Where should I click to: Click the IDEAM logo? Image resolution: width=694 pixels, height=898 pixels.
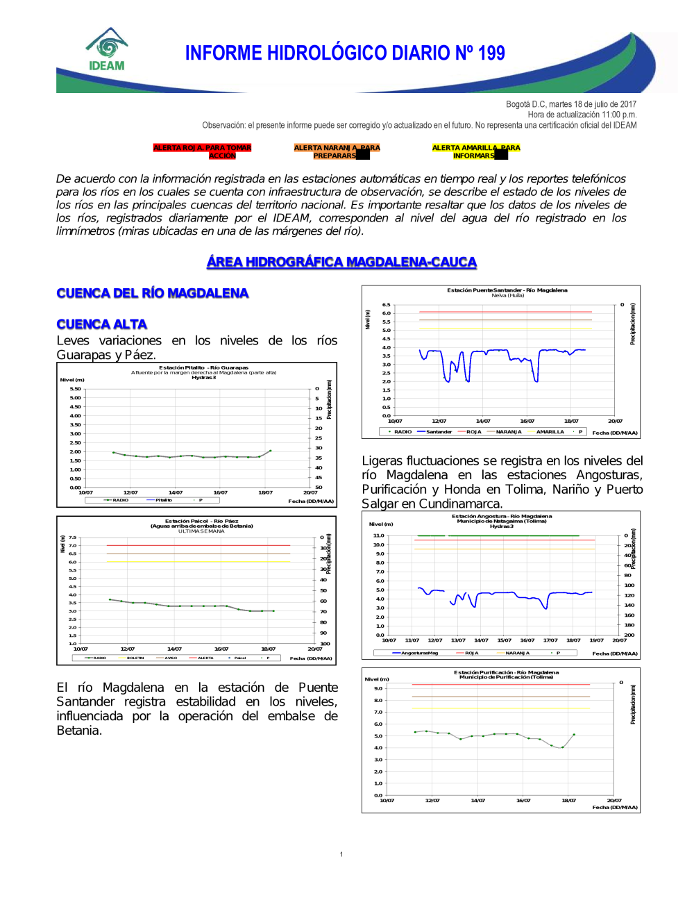pos(107,50)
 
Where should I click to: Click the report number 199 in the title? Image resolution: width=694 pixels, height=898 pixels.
pos(491,53)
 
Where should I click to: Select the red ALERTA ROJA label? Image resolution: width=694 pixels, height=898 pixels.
pos(202,151)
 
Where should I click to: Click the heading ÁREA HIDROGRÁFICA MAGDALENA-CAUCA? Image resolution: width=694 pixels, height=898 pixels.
pos(341,262)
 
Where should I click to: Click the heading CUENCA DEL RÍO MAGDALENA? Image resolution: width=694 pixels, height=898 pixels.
pos(153,293)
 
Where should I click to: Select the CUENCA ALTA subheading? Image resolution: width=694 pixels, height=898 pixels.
pos(102,324)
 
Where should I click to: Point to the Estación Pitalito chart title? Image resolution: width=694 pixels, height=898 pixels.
pos(203,367)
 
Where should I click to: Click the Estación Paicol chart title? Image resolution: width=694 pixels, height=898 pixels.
pos(201,521)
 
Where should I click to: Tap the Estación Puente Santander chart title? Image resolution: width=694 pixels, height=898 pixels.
pos(507,290)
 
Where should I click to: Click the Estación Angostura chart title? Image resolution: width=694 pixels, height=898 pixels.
pos(501,516)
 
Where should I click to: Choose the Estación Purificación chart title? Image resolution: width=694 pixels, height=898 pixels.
pos(506,672)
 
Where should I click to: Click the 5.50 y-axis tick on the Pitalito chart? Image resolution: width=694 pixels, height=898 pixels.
pos(75,389)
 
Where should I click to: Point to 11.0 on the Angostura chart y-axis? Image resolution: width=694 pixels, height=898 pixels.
pos(378,535)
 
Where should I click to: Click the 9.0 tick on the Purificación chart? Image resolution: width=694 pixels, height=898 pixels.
pos(378,688)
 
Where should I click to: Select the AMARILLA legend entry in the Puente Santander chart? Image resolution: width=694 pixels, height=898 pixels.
pos(550,432)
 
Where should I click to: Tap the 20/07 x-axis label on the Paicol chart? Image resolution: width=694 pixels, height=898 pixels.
pos(314,649)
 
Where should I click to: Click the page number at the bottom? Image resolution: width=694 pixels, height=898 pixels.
pos(341,854)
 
